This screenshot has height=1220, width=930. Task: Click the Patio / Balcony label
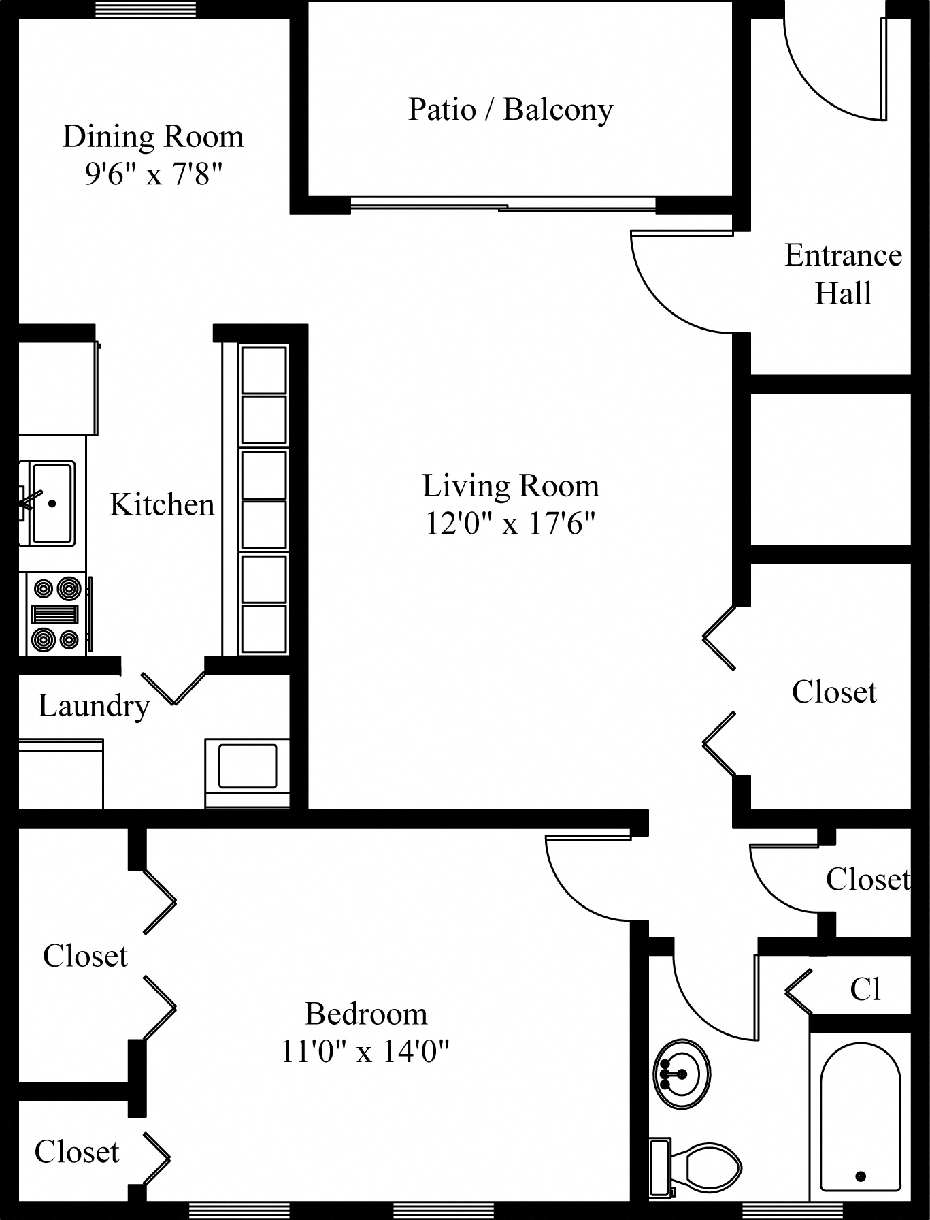(x=510, y=110)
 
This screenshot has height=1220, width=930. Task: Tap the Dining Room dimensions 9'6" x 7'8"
(x=154, y=175)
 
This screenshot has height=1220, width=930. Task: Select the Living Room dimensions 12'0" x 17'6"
(x=510, y=524)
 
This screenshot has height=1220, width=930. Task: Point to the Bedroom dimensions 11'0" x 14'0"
(x=365, y=1052)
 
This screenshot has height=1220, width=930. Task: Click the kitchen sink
(x=52, y=503)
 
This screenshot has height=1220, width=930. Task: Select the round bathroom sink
(x=682, y=1074)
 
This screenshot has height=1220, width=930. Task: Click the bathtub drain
(x=861, y=1176)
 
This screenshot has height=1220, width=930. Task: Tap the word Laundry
(x=94, y=706)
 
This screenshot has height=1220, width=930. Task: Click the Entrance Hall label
(x=843, y=274)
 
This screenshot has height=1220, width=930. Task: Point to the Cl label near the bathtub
(x=865, y=989)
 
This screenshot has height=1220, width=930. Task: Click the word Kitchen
(x=162, y=504)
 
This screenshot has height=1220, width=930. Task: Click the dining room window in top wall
(x=145, y=10)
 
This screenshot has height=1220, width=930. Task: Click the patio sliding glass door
(x=503, y=204)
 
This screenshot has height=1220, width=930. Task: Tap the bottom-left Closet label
(x=77, y=1153)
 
